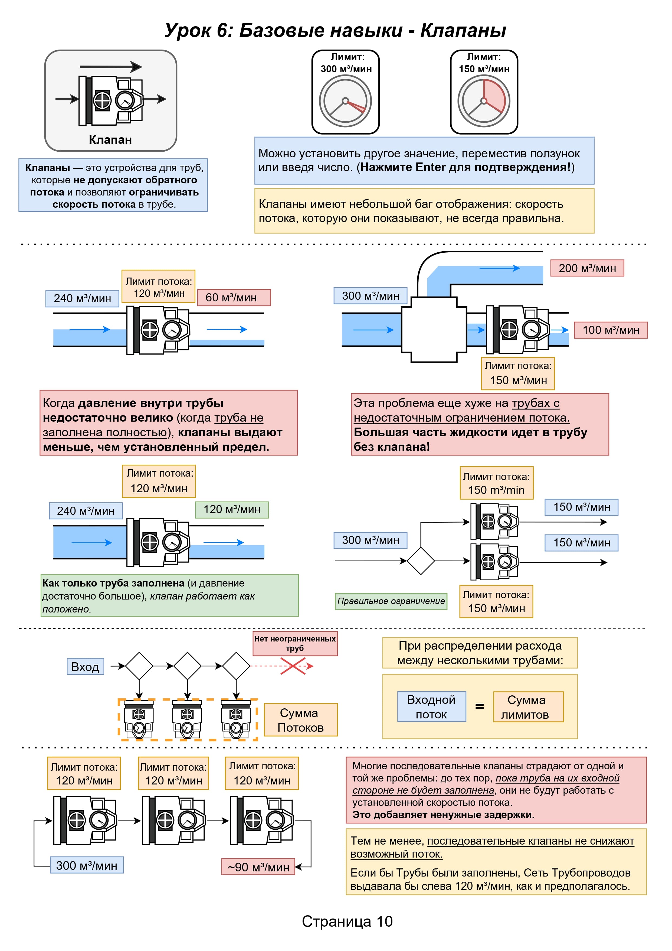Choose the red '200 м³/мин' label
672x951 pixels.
click(x=587, y=268)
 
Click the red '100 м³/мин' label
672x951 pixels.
click(x=611, y=330)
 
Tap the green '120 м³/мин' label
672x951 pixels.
click(x=232, y=509)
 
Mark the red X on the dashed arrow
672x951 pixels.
click(x=293, y=666)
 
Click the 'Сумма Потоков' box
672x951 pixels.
click(x=301, y=719)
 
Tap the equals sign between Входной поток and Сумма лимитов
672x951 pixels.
click(x=480, y=707)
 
